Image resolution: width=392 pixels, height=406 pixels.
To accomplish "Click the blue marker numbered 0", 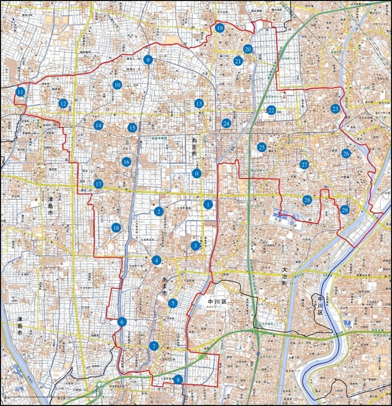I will [197, 173].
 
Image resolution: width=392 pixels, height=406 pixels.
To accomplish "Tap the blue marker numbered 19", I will [220, 28].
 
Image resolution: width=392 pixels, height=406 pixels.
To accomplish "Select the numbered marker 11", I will [20, 92].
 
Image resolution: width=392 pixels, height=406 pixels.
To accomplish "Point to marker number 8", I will [178, 380].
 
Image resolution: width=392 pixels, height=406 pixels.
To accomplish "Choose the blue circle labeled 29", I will [345, 210].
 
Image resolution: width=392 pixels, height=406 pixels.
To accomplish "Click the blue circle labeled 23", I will [335, 109].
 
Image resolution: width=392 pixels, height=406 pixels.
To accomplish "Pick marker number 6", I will [122, 322].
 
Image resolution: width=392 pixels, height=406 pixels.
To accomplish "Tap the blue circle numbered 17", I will [99, 184].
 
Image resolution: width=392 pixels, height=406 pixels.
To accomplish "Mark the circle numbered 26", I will [346, 154].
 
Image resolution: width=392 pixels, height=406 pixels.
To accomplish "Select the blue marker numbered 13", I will [199, 103].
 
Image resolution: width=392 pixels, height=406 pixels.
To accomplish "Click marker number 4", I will [157, 260].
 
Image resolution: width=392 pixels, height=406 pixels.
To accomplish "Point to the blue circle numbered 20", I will [248, 49].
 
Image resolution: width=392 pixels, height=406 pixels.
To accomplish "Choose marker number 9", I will [148, 60].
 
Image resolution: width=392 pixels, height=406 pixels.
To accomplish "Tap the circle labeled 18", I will [116, 227].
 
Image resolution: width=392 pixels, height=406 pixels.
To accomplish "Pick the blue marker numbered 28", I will [307, 200].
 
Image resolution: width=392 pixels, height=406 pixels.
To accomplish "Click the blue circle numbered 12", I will [63, 103].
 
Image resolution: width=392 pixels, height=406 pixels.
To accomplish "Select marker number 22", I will [272, 110].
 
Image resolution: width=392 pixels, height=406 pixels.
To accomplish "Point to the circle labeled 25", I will [261, 147].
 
